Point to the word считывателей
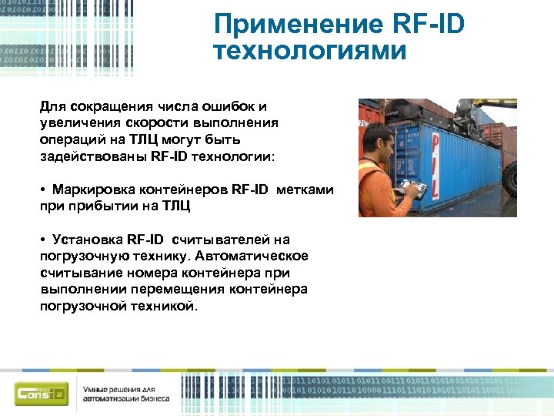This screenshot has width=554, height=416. click(216, 240)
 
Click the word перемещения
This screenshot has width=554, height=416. click(178, 289)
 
